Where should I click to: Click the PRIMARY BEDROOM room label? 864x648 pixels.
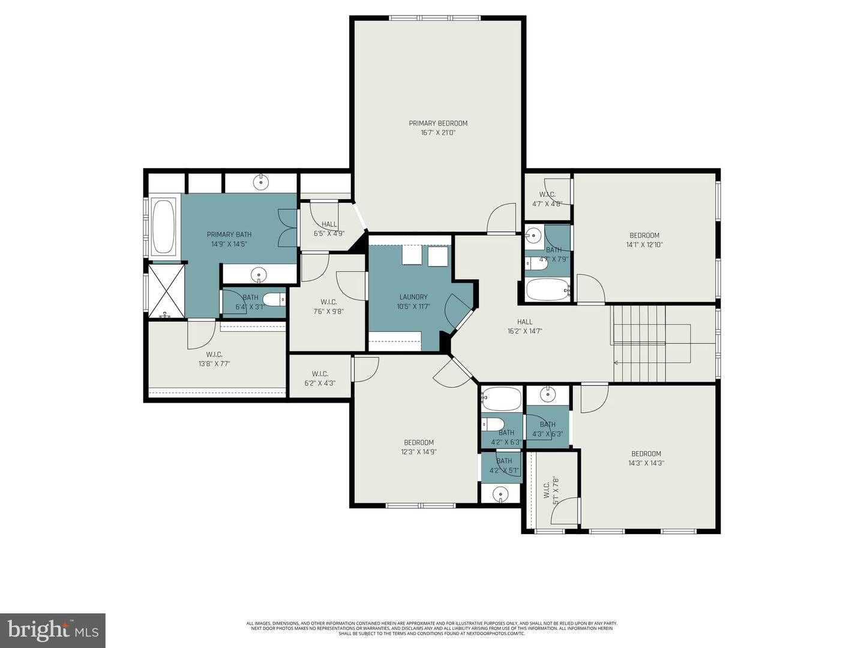(438, 123)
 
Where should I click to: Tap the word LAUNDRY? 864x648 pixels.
(413, 297)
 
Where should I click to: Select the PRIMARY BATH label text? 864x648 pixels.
(229, 235)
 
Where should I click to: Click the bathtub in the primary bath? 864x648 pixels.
(164, 227)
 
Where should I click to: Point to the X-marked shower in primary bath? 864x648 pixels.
(166, 290)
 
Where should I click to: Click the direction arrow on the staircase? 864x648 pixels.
(617, 362)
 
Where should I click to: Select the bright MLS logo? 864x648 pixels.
(53, 630)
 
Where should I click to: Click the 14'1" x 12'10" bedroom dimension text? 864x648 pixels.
(644, 245)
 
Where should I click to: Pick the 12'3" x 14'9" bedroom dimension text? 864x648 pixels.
(419, 452)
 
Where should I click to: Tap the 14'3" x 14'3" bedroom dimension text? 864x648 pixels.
(646, 463)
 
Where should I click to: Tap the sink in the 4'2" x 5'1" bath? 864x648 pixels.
(500, 494)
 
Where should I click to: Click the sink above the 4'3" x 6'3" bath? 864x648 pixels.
(547, 394)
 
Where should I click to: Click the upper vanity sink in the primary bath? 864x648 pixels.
(261, 181)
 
